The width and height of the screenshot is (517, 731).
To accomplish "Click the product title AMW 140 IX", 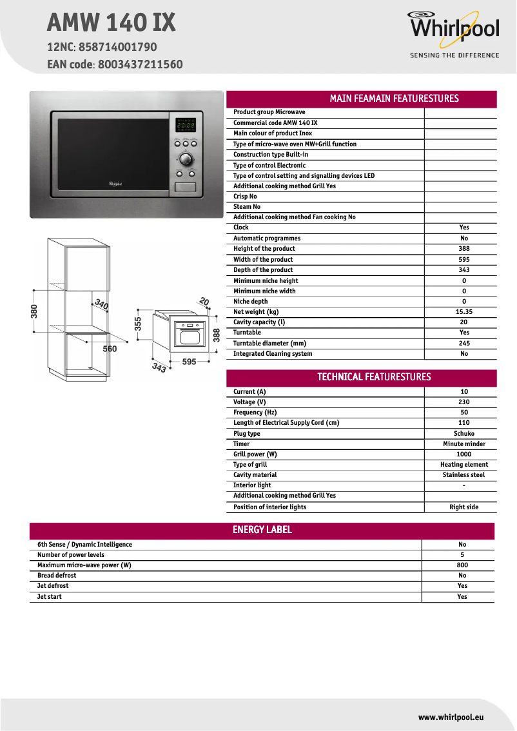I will tap(111, 24).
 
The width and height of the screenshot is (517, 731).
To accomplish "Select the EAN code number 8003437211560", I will tap(141, 64).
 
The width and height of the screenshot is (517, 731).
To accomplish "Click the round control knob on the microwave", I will tap(186, 159).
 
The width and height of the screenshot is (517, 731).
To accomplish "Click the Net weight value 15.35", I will tap(464, 312).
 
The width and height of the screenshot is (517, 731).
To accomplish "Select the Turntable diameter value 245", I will tap(464, 344).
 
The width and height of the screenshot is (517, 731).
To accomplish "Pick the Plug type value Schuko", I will tap(464, 434).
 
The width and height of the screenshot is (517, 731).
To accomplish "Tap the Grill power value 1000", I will tap(464, 454).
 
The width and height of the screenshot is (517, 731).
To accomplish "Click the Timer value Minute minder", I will tap(464, 444).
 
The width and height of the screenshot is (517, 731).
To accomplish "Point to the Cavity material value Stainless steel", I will tap(464, 475).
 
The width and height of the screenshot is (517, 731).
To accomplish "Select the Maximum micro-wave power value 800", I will tap(462, 565).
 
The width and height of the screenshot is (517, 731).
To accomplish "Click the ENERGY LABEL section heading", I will tap(262, 530).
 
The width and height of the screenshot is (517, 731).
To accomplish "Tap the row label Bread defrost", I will tap(57, 576).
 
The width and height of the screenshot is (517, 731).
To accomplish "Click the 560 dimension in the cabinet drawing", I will tap(110, 349).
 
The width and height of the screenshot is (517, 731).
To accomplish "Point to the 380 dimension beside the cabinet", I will tap(35, 311).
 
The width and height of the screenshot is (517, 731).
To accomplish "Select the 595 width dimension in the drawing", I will tap(189, 362).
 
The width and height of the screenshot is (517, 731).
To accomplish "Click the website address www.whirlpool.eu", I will tap(451, 717).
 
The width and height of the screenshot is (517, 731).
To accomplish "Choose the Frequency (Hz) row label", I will tap(255, 413).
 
